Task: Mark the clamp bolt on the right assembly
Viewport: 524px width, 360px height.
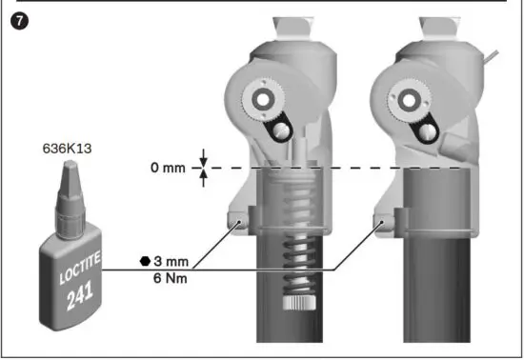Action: point(382,223)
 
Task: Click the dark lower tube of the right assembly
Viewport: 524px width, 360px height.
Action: point(436,286)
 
